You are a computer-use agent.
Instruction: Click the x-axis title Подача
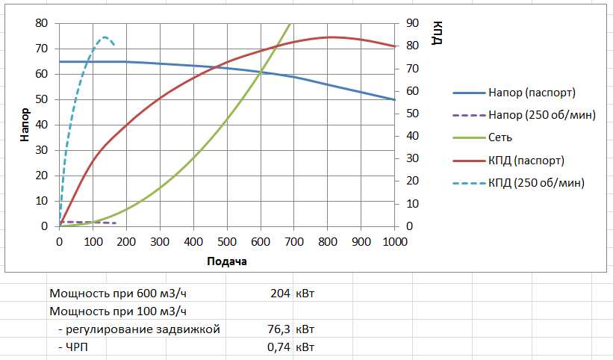[227, 261]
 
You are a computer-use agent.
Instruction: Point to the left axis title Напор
[25, 125]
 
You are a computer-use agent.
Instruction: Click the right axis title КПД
[437, 34]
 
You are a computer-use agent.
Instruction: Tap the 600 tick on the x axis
[261, 242]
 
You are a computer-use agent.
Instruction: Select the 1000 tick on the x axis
[394, 242]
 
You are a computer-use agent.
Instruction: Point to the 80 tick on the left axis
[43, 23]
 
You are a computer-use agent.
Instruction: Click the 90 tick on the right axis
[412, 23]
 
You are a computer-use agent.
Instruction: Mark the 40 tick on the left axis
[43, 125]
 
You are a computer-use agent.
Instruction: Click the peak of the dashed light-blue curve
[105, 37]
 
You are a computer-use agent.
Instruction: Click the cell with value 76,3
[278, 329]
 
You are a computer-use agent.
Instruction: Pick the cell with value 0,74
[278, 347]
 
